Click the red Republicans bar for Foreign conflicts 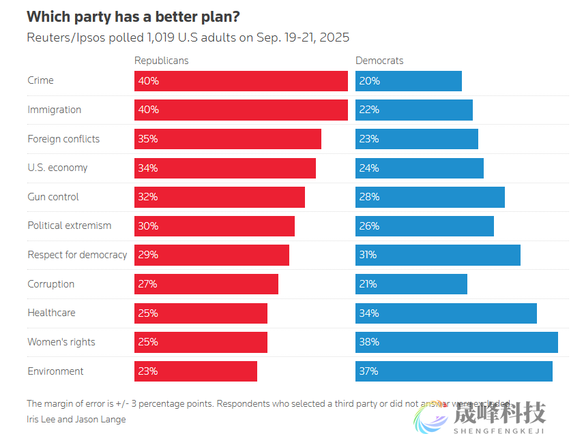tap(227, 139)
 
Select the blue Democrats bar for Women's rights tap(456, 342)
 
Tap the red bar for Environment tap(195, 371)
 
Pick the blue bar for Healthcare tap(446, 313)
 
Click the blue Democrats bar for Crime tap(408, 81)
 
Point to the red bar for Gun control tap(219, 197)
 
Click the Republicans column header tap(161, 61)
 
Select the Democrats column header tap(379, 61)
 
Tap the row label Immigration tap(54, 110)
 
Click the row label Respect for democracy tap(77, 255)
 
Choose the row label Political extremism tap(69, 226)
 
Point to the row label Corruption tap(50, 284)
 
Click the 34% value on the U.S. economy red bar tap(148, 168)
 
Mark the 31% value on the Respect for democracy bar tap(369, 255)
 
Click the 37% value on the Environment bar tap(369, 371)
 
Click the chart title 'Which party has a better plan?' tap(133, 16)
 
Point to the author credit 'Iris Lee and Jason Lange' tap(76, 419)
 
